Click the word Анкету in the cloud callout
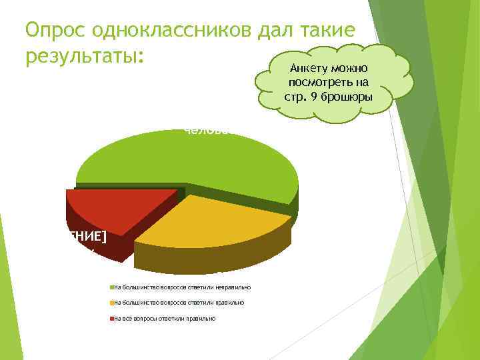pyautogui.click(x=307, y=68)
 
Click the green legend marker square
pyautogui.click(x=112, y=287)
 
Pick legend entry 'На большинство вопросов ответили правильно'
pyautogui.click(x=179, y=303)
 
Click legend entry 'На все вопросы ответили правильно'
pyautogui.click(x=165, y=319)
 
